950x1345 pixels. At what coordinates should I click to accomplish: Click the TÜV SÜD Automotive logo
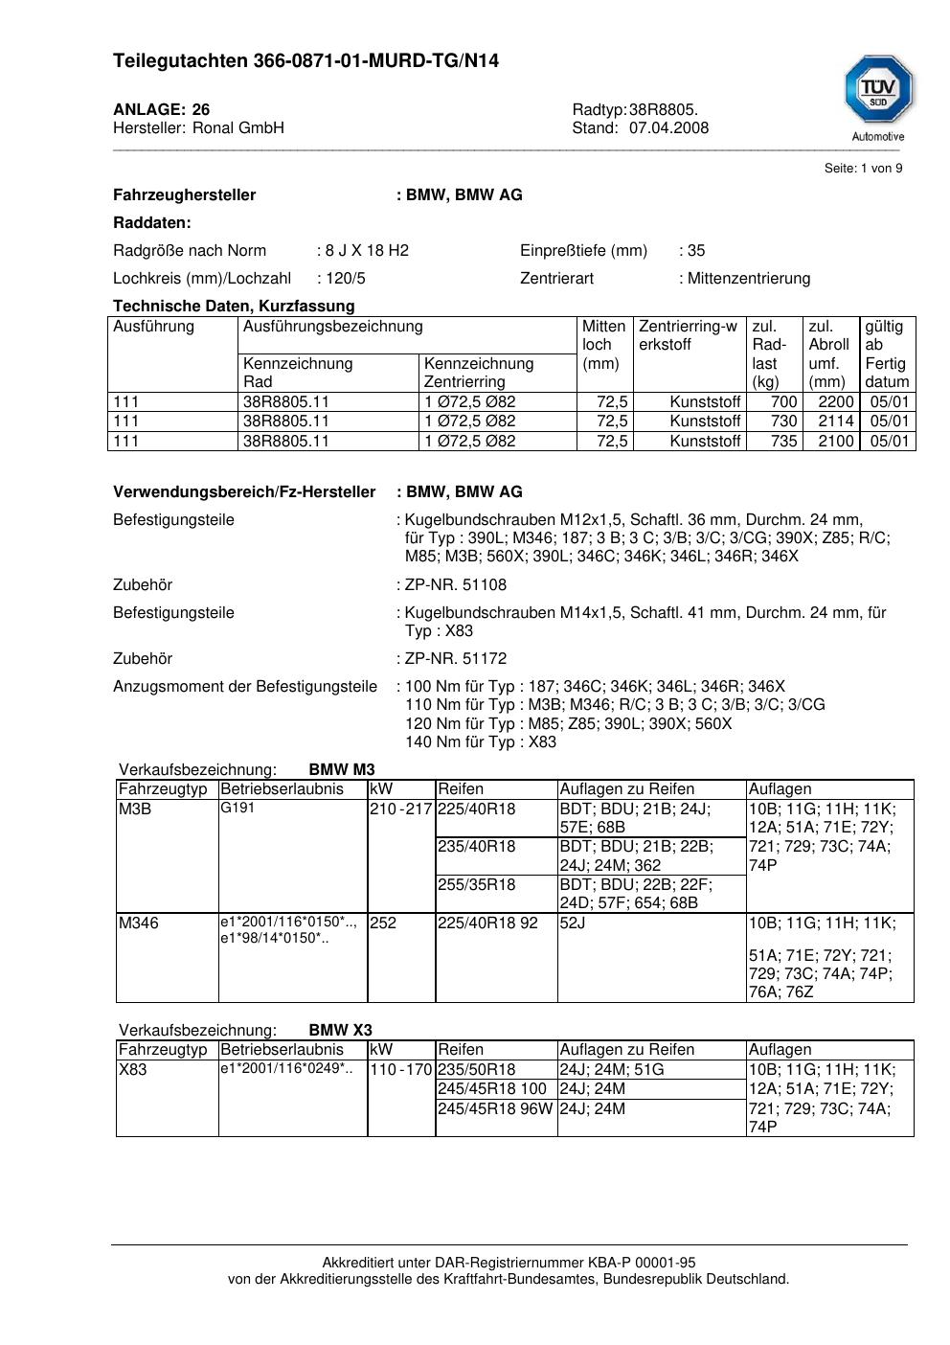(x=878, y=97)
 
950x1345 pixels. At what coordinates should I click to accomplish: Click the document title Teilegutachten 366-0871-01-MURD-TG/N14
(x=305, y=61)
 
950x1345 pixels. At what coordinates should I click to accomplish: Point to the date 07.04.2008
(x=668, y=127)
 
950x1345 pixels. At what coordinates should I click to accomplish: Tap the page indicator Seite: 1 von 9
(x=863, y=169)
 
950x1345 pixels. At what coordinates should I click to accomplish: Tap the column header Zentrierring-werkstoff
(x=688, y=335)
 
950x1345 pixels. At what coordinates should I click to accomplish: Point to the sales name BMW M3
(x=342, y=770)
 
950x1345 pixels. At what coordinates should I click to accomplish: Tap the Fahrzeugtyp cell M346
(x=139, y=923)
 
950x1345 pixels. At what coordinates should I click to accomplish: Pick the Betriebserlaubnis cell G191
(x=237, y=809)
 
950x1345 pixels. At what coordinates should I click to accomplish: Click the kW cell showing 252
(x=383, y=923)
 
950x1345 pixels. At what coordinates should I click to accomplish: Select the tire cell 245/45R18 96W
(x=495, y=1109)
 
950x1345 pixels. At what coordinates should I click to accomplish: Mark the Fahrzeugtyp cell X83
(x=133, y=1070)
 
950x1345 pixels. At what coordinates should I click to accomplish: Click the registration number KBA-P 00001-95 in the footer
(x=636, y=1263)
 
